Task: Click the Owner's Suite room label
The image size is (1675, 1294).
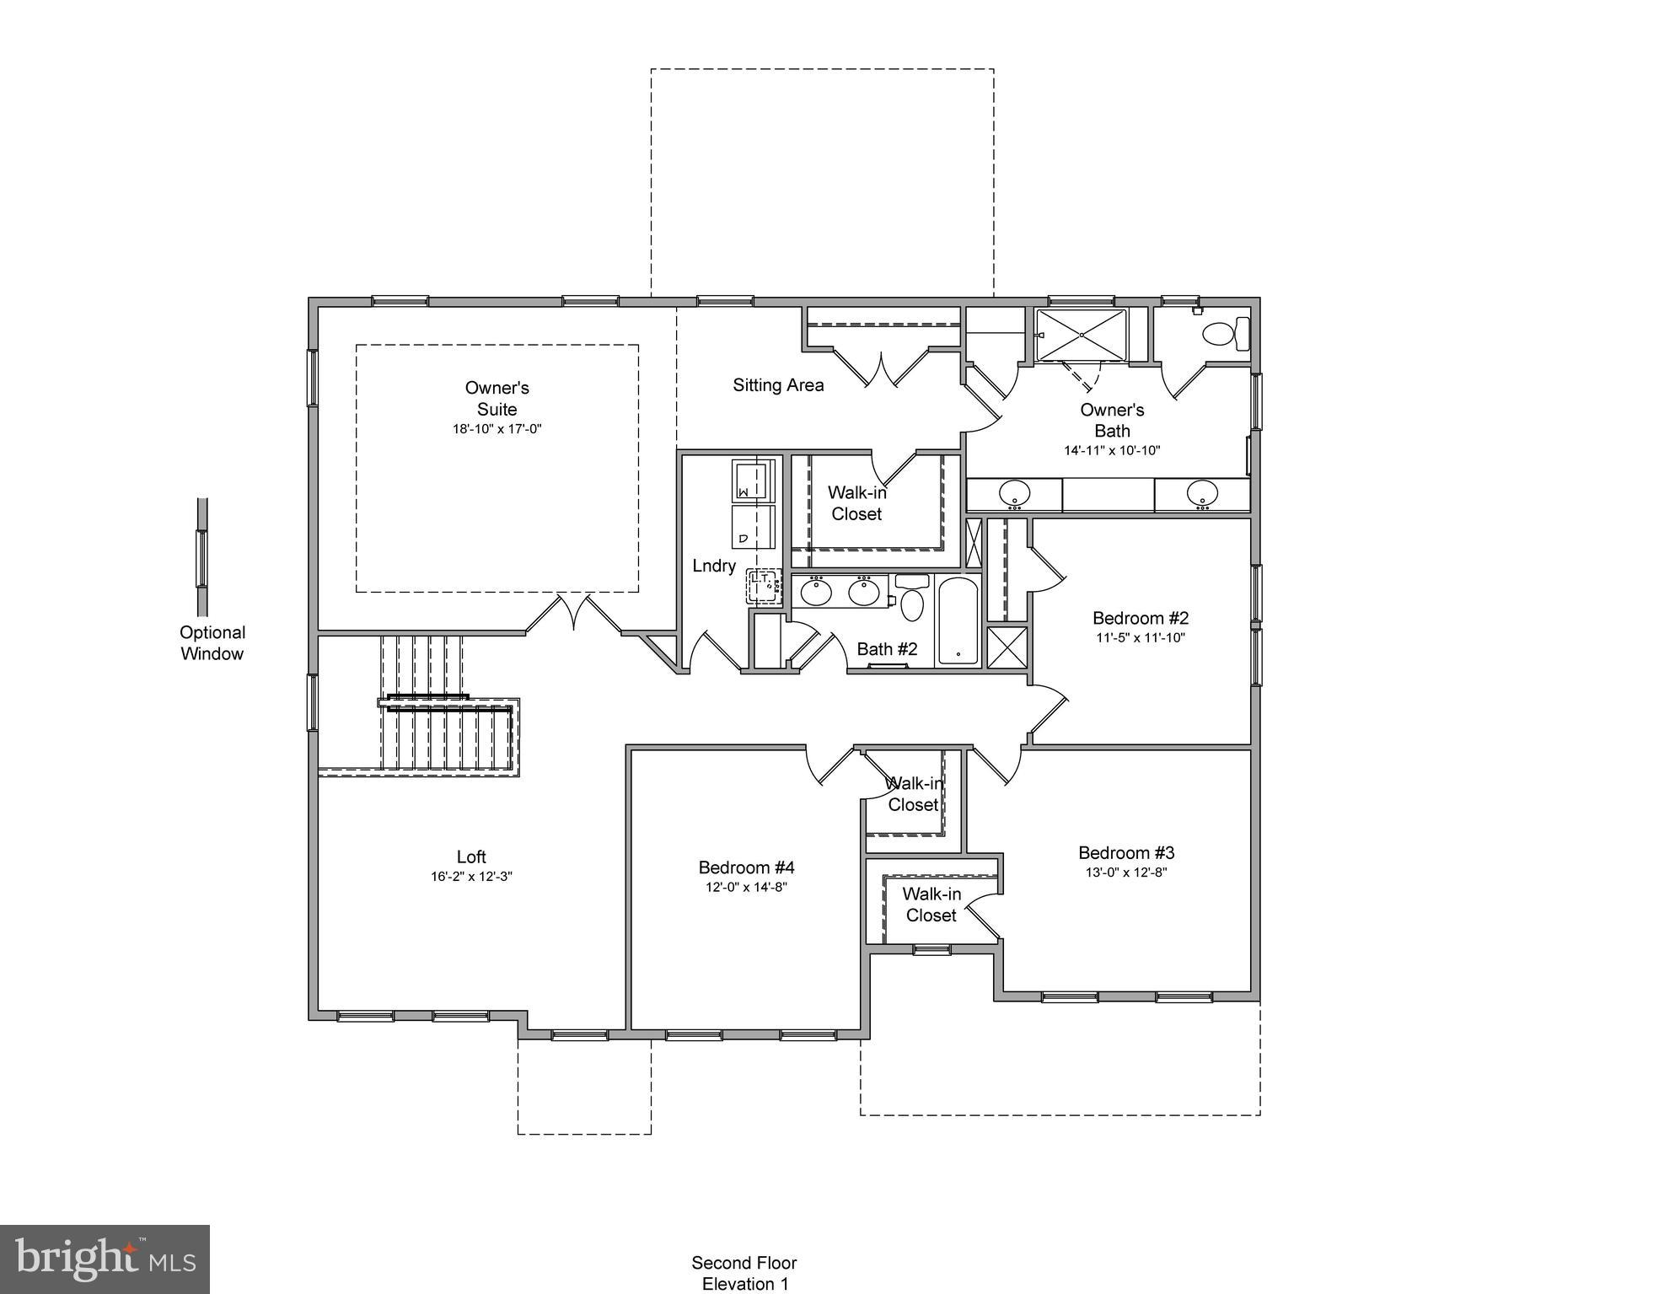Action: pos(497,398)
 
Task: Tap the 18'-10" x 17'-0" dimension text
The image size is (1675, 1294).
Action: pos(497,429)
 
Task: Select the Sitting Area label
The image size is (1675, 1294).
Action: pos(777,385)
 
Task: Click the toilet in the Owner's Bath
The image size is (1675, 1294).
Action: pos(1226,334)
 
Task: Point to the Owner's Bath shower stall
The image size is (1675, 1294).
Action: pos(1081,335)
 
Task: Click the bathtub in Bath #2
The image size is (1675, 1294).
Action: pos(958,620)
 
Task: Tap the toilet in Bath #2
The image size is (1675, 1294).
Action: pos(911,599)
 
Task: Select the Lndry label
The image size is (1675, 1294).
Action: pos(713,566)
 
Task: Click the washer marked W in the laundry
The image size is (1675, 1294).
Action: pos(752,481)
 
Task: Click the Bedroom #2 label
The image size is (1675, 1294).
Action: pos(1140,618)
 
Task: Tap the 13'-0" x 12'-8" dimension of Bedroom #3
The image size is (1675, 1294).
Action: pos(1125,873)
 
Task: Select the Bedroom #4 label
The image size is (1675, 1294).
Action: pos(746,867)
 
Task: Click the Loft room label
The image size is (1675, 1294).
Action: pos(471,856)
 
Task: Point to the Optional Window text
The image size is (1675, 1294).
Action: pos(212,643)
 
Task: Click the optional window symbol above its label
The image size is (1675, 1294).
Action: pos(202,557)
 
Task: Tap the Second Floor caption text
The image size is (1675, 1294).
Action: pos(744,1263)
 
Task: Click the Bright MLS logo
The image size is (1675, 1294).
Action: pos(105,1259)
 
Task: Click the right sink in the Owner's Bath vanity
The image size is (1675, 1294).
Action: pos(1202,492)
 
